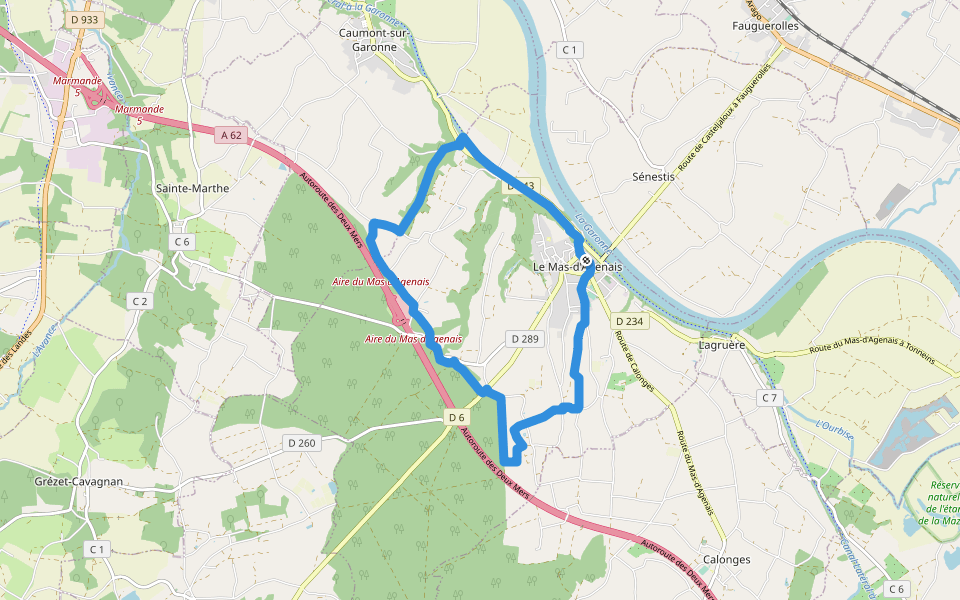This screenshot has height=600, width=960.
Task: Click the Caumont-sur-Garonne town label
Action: [375, 39]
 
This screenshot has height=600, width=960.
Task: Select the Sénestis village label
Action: [654, 175]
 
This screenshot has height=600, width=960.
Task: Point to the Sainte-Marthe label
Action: [193, 188]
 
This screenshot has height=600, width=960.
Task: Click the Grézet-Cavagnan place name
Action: [77, 481]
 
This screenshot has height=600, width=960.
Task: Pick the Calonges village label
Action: [727, 559]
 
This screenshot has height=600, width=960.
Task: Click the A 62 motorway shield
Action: [231, 134]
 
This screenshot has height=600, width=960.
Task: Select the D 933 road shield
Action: [86, 19]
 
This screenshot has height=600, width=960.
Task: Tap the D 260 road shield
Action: [301, 443]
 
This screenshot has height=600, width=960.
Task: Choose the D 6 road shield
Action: [457, 417]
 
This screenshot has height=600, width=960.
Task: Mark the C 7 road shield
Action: [768, 398]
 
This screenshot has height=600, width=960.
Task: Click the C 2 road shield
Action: [139, 300]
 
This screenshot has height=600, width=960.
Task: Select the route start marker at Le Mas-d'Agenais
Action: [585, 256]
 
